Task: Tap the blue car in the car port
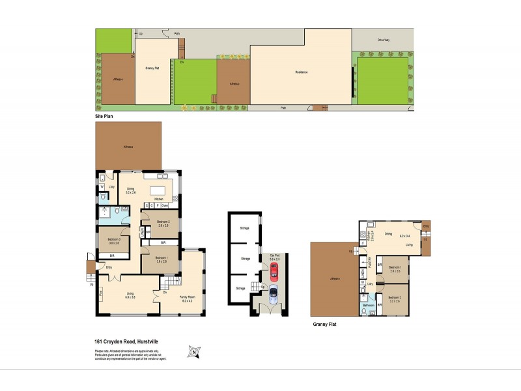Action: (x=273, y=295)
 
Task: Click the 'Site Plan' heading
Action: (x=104, y=115)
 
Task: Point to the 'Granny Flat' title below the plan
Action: (x=324, y=323)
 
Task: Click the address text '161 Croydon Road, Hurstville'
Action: (x=126, y=341)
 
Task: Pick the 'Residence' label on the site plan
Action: (x=301, y=72)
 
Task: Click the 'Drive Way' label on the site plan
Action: (x=384, y=40)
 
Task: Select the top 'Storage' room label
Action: (x=244, y=228)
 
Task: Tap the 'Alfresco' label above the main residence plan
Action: (x=128, y=147)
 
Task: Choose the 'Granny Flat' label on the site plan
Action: (x=153, y=67)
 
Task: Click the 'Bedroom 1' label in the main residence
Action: (x=161, y=258)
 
